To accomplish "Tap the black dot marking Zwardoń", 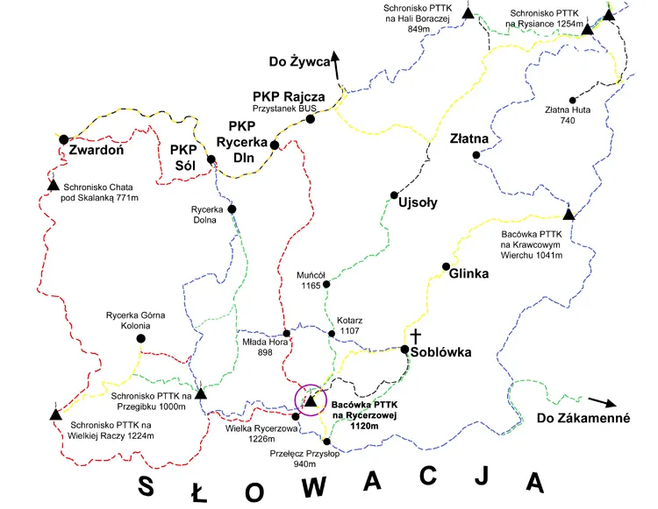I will pyautogui.click(x=63, y=138).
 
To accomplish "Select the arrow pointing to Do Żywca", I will pyautogui.click(x=335, y=63).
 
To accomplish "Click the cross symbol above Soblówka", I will pyautogui.click(x=415, y=336).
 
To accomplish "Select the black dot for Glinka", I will pyautogui.click(x=446, y=266).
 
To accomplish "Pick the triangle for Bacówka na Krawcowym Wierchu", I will pyautogui.click(x=568, y=214).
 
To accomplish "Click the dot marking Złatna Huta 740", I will pyautogui.click(x=572, y=100).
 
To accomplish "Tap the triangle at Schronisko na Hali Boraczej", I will pyautogui.click(x=468, y=13).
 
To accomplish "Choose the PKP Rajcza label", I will pyautogui.click(x=289, y=96).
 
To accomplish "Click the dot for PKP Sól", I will pyautogui.click(x=211, y=159).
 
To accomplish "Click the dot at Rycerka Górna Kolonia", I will pyautogui.click(x=140, y=338).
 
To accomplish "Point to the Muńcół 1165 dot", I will pyautogui.click(x=326, y=284).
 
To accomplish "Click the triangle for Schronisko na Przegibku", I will pyautogui.click(x=200, y=394).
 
